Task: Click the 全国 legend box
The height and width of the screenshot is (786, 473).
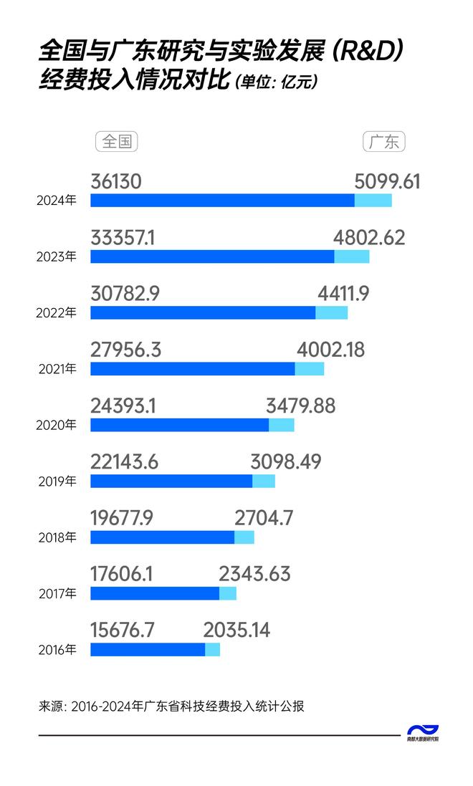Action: pos(116,142)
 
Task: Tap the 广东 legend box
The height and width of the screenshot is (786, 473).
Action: pos(384,142)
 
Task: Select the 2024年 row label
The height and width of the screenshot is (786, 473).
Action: pos(56,201)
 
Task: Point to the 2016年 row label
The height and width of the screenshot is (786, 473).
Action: pos(56,651)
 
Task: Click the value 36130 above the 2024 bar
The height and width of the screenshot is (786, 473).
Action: pos(116,182)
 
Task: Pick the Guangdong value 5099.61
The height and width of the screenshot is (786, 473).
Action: pos(387,182)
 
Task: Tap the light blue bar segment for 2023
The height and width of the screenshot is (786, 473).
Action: pos(351,257)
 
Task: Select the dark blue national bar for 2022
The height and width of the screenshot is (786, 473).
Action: pos(203,312)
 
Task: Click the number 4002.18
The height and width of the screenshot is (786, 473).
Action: pos(330,350)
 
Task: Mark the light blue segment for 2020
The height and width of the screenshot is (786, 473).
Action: pos(281,425)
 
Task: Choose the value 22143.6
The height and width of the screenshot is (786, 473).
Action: pos(125,463)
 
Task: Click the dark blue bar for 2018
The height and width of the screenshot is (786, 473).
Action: pos(162,537)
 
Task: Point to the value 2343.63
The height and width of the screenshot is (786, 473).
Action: pos(254,575)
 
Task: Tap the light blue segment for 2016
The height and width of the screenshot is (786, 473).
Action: pos(212,650)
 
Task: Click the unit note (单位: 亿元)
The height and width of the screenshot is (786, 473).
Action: pos(275,82)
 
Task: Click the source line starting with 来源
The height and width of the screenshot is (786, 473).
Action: pos(172,706)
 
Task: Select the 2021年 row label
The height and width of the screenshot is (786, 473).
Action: pos(56,370)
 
